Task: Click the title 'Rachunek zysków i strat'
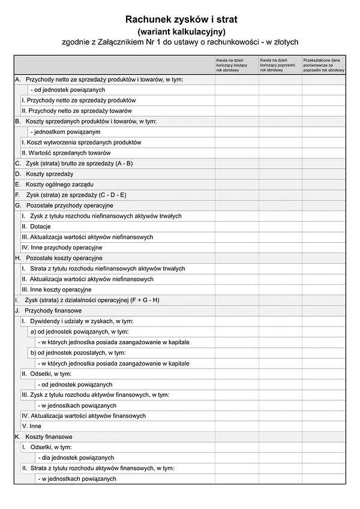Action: pyautogui.click(x=181, y=19)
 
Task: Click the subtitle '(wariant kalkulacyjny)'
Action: pyautogui.click(x=181, y=31)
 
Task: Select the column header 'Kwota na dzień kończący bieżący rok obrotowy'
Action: pyautogui.click(x=237, y=65)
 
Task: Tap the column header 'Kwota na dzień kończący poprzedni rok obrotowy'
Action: pyautogui.click(x=280, y=65)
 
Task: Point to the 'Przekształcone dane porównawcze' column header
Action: pyautogui.click(x=324, y=65)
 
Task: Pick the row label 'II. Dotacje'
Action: pyautogui.click(x=36, y=227)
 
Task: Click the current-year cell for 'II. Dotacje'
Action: pyautogui.click(x=237, y=227)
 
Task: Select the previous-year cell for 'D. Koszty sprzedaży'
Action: pyautogui.click(x=280, y=174)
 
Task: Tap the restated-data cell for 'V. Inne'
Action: pyautogui.click(x=324, y=426)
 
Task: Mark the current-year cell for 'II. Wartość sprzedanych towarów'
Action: pyautogui.click(x=237, y=153)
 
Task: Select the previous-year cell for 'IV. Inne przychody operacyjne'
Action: pyautogui.click(x=280, y=248)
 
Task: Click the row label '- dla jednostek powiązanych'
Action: pyautogui.click(x=76, y=457)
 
